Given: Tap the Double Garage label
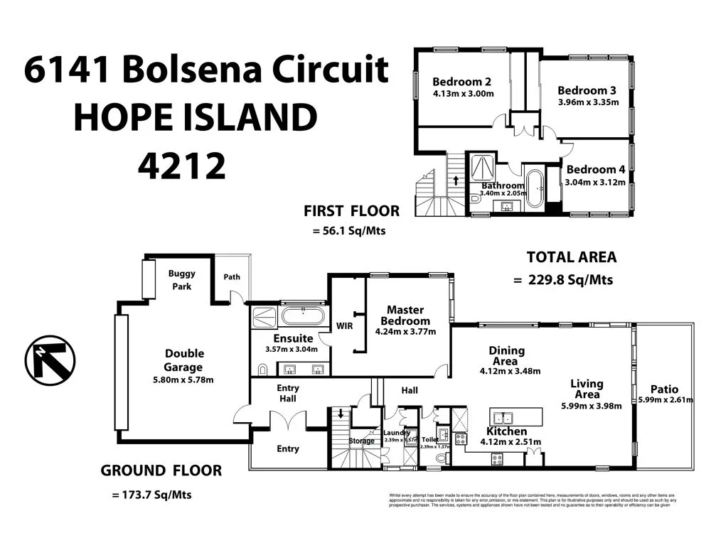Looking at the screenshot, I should [x=184, y=360].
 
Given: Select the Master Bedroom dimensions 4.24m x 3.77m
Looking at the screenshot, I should [x=405, y=331].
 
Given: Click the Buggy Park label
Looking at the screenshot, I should [x=182, y=279].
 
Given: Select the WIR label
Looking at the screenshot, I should [x=343, y=326].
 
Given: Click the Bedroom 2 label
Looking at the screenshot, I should [x=462, y=81].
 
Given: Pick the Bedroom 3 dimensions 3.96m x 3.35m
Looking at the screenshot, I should [x=588, y=102].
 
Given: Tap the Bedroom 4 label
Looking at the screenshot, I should [x=595, y=170].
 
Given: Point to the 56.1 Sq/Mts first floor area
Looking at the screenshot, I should [x=349, y=230].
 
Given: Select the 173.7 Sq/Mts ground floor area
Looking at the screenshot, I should [x=151, y=495].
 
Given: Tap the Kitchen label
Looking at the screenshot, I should [x=506, y=431].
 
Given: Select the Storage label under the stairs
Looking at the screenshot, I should [x=361, y=441].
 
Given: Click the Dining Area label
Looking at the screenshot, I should [x=507, y=350].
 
